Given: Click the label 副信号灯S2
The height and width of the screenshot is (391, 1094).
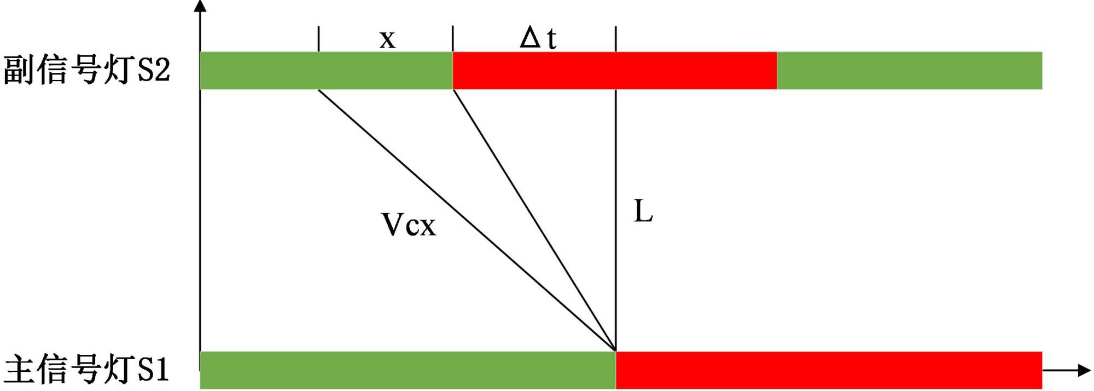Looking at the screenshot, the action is click(x=86, y=70).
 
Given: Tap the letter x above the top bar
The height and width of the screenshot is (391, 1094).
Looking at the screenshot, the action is click(x=387, y=39).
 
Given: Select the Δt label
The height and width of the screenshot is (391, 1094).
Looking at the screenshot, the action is click(x=538, y=38).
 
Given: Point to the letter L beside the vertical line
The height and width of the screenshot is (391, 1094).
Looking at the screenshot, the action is click(x=643, y=211).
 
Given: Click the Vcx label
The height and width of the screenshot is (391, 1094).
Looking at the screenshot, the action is click(x=408, y=225).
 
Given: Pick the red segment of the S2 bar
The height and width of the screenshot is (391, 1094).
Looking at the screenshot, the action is click(x=614, y=71).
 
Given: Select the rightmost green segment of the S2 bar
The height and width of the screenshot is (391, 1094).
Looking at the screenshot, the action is click(x=909, y=71).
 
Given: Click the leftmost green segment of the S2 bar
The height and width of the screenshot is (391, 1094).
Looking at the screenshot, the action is click(x=326, y=71).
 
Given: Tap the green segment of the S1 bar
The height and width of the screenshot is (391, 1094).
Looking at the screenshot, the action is click(x=408, y=370).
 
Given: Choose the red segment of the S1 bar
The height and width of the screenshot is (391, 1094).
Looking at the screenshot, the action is click(x=829, y=370).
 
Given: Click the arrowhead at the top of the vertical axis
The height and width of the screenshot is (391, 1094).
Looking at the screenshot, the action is click(x=200, y=6).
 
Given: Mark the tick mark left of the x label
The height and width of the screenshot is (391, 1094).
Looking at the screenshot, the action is click(x=318, y=38).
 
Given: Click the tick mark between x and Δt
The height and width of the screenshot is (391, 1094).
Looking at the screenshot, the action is click(x=453, y=38).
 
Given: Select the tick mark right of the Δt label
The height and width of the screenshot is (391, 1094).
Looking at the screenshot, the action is click(x=616, y=38).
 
